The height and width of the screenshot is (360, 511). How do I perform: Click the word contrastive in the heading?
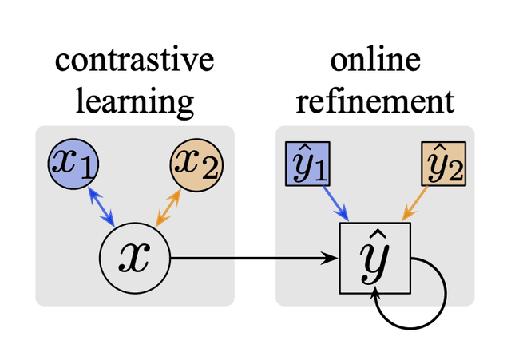[x=134, y=62]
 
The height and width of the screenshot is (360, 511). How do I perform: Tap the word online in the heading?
[x=374, y=62]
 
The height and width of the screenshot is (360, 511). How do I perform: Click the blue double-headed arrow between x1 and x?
[x=101, y=207]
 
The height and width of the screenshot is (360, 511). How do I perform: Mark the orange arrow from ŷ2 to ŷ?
[x=415, y=204]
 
